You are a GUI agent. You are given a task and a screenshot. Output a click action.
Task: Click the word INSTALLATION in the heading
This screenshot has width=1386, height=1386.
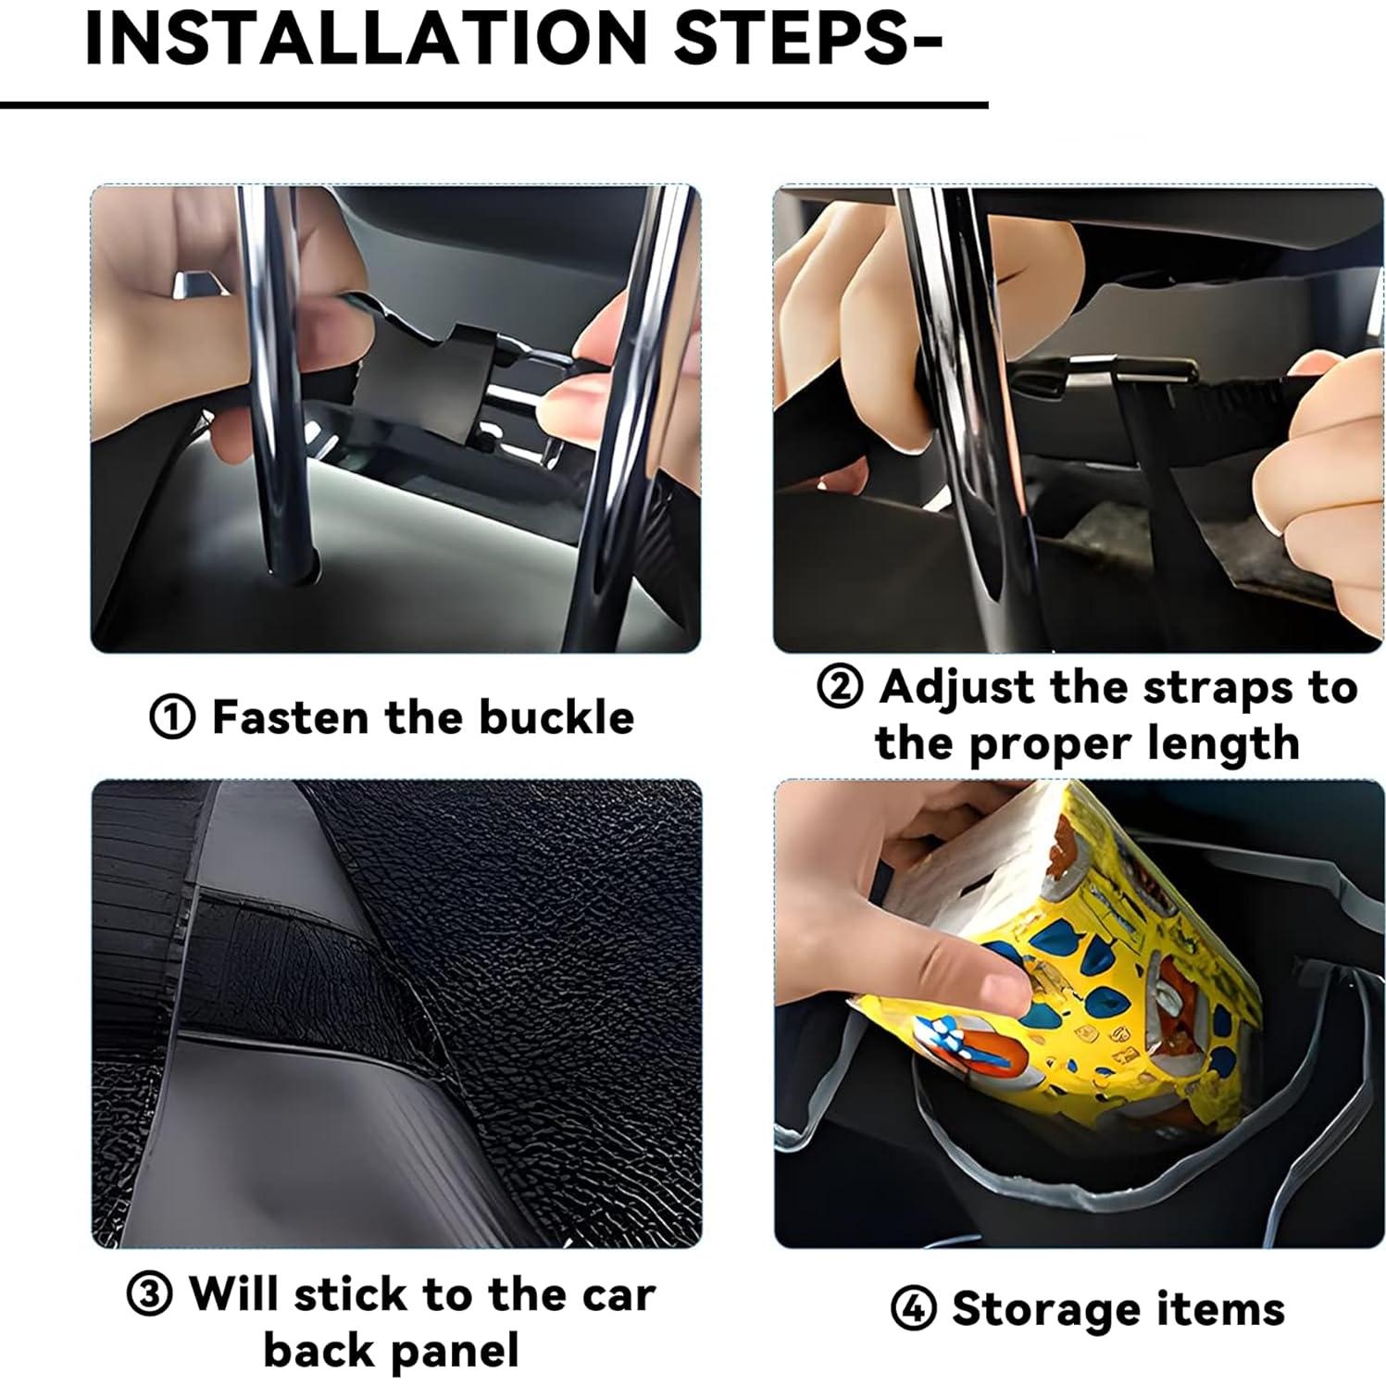[x=367, y=38]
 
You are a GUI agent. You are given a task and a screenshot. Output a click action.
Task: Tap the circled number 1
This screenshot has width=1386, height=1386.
[x=172, y=718]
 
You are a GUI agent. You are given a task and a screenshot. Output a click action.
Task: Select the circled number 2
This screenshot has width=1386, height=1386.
[x=840, y=688]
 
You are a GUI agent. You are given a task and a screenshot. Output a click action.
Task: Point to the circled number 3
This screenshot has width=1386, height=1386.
[x=150, y=1295]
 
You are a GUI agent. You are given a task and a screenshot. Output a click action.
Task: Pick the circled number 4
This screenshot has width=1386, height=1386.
[x=912, y=1310]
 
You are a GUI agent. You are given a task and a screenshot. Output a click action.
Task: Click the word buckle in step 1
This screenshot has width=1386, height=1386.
[x=556, y=718]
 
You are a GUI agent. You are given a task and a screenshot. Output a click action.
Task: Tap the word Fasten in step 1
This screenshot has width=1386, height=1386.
[x=292, y=718]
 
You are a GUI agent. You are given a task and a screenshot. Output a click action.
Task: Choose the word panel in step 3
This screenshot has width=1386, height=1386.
[x=456, y=1351]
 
